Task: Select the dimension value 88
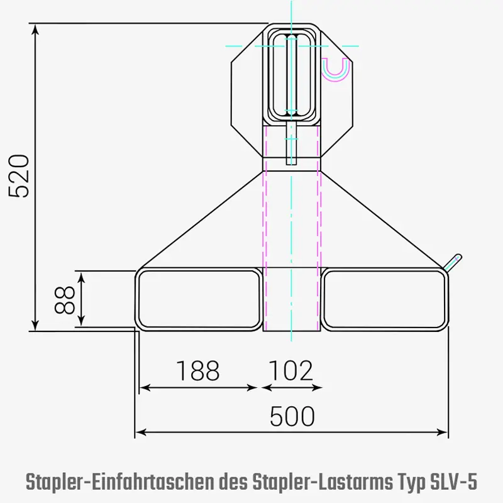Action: click(x=64, y=300)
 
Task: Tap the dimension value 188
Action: click(x=197, y=371)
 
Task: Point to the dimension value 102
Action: click(x=290, y=371)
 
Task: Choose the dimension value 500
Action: click(x=292, y=416)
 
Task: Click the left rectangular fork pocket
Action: click(x=199, y=300)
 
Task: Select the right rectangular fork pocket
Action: click(x=384, y=300)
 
